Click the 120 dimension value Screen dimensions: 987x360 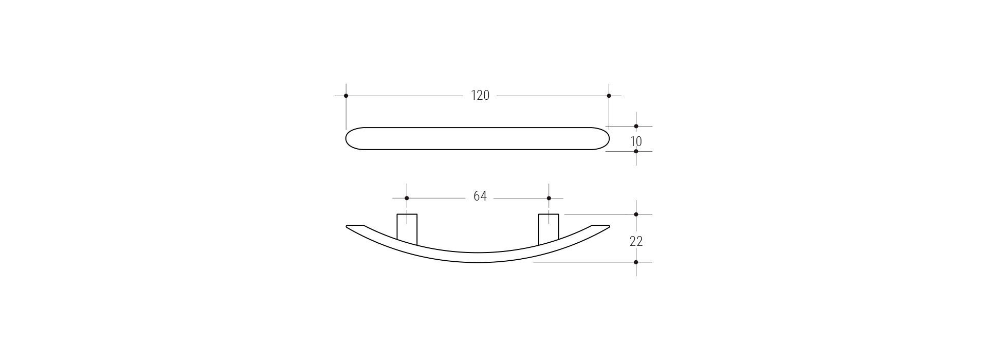click(480, 96)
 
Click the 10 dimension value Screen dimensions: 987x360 click(636, 141)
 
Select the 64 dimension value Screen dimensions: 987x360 click(480, 196)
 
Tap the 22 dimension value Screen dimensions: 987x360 click(636, 241)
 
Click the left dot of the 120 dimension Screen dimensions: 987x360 click(346, 96)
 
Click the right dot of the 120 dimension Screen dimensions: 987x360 click(609, 96)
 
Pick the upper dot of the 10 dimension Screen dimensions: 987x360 click(636, 126)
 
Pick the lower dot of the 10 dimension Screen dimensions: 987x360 click(636, 151)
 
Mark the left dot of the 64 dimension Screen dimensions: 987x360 click(407, 198)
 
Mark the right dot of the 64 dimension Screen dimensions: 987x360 click(549, 198)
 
